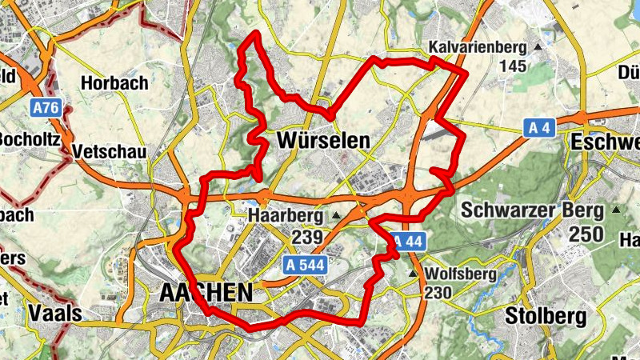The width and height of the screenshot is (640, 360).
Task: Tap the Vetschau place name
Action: (x=108, y=151)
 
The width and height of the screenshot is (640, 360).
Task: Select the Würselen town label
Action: (x=323, y=141)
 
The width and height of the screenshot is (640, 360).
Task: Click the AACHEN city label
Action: (x=206, y=293)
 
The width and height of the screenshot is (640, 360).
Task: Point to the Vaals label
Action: (x=54, y=313)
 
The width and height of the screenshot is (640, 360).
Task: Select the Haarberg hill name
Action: (x=286, y=216)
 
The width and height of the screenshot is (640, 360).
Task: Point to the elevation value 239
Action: (x=307, y=238)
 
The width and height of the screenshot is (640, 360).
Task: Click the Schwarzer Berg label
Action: (x=532, y=210)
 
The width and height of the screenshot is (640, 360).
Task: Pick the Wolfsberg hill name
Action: (x=462, y=274)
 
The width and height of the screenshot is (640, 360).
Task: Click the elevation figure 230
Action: (x=439, y=294)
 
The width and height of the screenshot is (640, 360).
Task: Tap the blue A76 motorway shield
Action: (x=47, y=106)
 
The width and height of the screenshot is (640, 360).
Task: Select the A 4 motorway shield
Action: (x=541, y=126)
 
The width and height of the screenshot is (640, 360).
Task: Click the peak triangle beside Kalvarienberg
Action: (x=537, y=47)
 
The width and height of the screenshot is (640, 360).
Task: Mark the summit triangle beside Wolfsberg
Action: (x=413, y=274)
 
